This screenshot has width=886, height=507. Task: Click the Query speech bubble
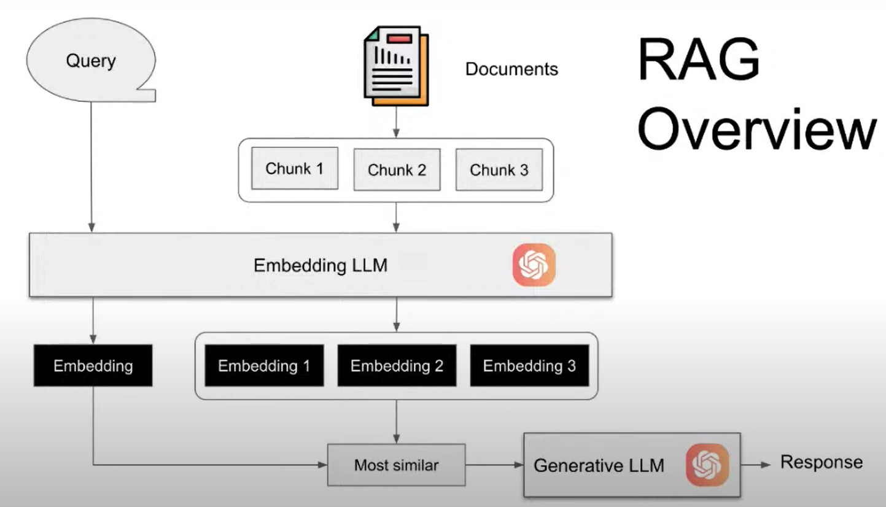pos(91,61)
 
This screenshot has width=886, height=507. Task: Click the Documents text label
pos(511,69)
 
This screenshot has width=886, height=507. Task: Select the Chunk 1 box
pos(295,169)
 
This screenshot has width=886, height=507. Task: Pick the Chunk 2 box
pos(397,170)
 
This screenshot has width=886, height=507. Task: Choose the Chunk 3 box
pos(499,170)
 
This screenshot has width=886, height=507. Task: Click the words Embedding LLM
pos(321,266)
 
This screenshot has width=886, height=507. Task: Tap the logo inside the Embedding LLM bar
pos(534,265)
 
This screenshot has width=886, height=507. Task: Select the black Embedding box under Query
pos(93,366)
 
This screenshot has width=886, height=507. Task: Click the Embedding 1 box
pos(264,366)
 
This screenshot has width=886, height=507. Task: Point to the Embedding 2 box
pos(397,366)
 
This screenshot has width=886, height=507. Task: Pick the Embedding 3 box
pos(529,366)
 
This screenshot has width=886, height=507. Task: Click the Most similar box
pos(396,465)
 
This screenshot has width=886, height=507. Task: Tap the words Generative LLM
pos(599,465)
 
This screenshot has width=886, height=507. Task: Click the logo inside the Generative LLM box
pos(707,465)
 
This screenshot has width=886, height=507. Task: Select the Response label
pos(821,462)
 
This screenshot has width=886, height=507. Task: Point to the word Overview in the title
pos(756,130)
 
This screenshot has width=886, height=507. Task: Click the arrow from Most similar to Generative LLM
pos(494,465)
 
